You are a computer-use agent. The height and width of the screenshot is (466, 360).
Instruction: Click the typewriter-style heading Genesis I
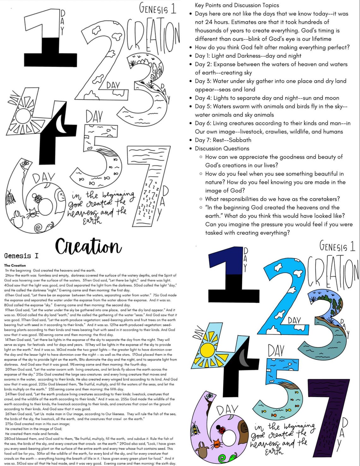point(22,256)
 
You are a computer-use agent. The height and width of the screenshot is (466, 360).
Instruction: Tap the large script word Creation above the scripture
point(88,247)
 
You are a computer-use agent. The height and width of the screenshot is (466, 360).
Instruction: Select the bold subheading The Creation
point(15,265)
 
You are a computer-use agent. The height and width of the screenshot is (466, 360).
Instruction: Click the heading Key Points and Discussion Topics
point(237,5)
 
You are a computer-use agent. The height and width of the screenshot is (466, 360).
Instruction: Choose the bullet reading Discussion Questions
point(222,148)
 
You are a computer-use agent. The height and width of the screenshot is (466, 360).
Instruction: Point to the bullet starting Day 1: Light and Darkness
point(248,56)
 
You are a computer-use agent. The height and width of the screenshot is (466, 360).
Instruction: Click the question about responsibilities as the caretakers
point(272,199)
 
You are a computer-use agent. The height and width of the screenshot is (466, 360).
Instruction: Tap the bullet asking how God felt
point(272,47)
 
